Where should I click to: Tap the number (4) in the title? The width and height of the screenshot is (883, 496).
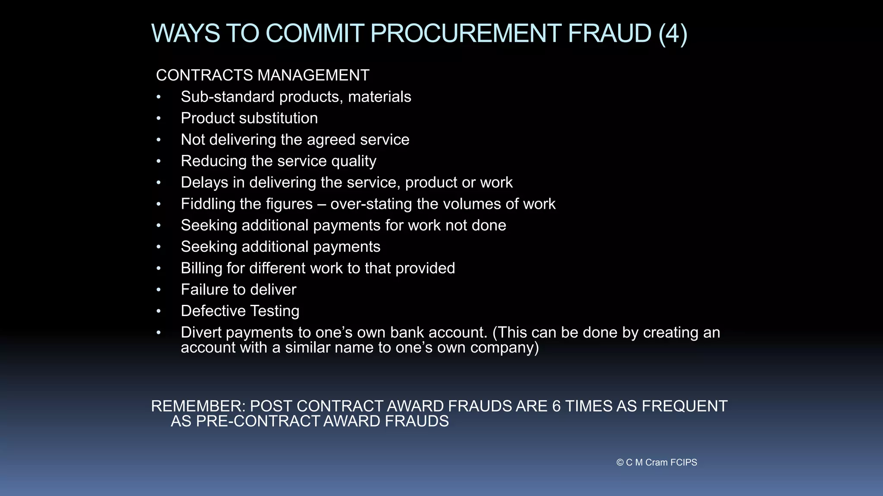[x=673, y=34]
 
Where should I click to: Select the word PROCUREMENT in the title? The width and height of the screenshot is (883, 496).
[x=465, y=34]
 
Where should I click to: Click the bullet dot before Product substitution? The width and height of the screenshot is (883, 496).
[x=159, y=118]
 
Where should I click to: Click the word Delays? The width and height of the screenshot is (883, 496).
[x=204, y=183]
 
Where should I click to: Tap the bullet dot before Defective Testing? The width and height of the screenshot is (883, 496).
[x=159, y=311]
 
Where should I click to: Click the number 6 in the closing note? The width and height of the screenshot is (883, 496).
[x=556, y=406]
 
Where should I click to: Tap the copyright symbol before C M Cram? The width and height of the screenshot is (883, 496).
[x=620, y=462]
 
